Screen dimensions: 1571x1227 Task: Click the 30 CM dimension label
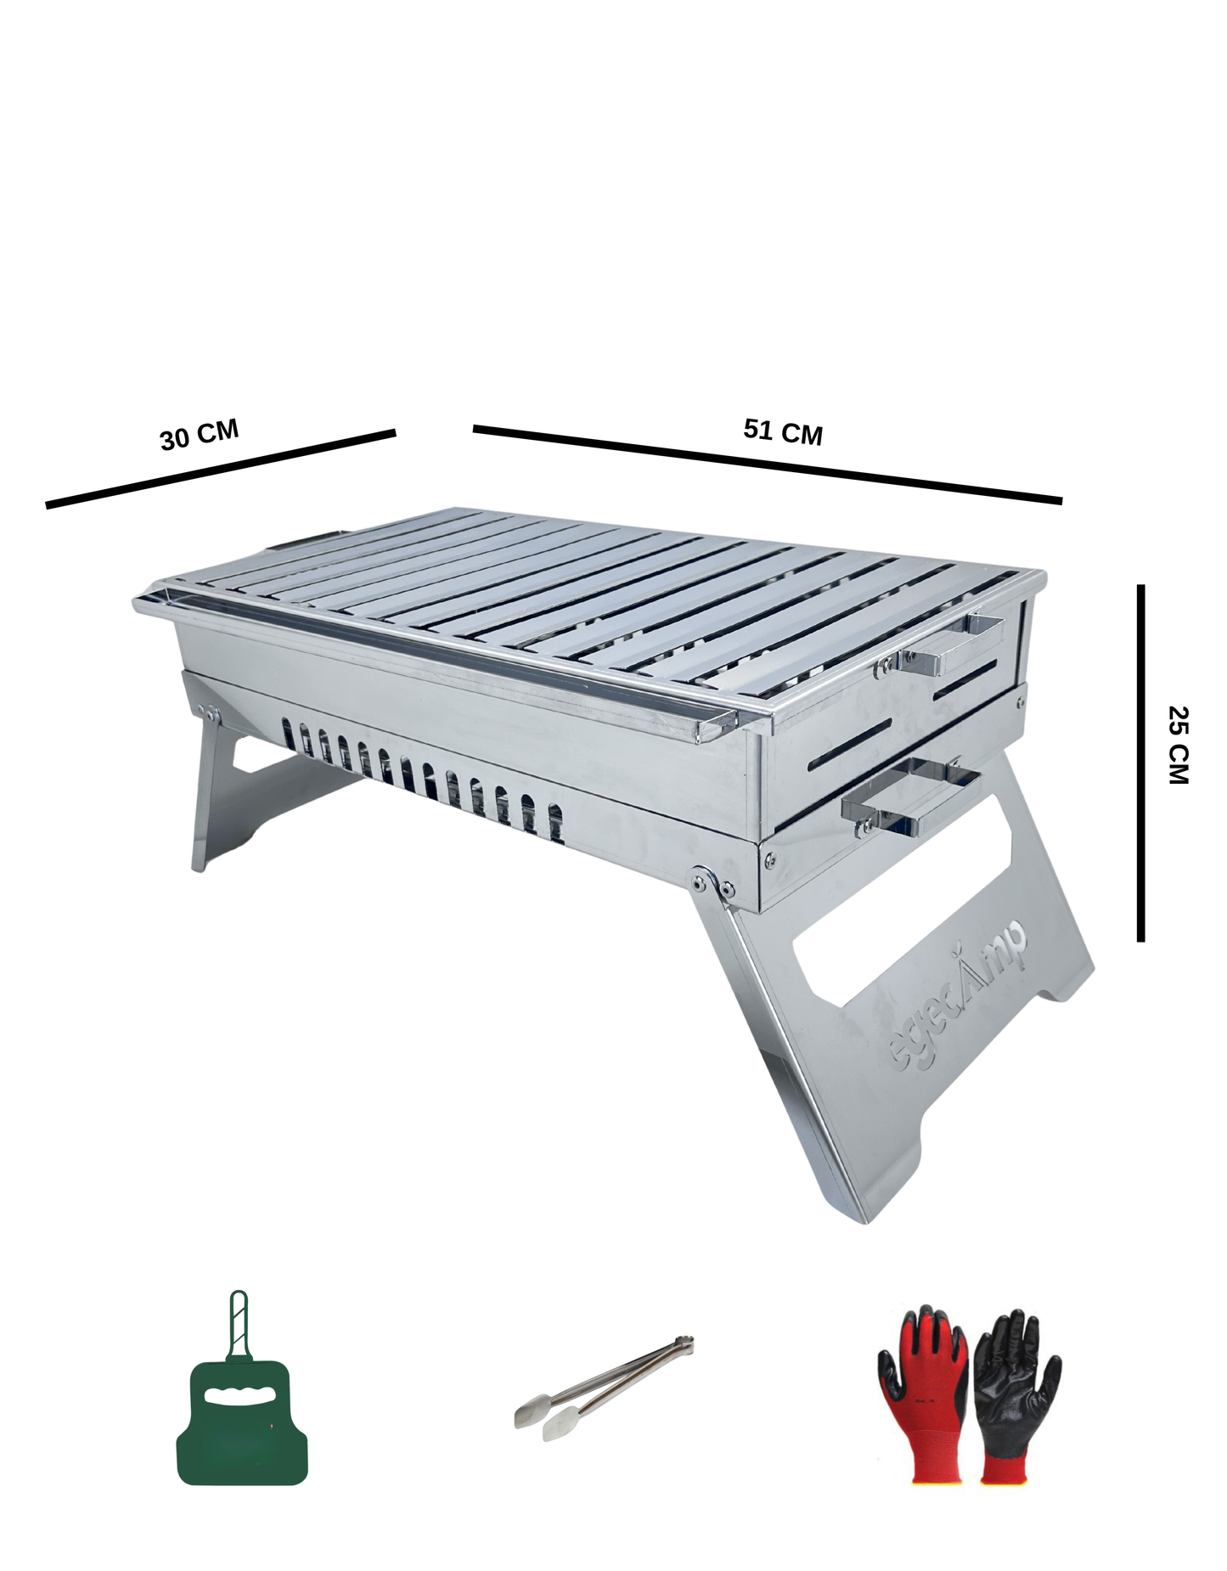(200, 435)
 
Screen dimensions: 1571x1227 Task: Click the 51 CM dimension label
(782, 431)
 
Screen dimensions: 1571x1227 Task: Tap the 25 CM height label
(1179, 745)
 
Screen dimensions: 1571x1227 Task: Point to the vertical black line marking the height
(1140, 763)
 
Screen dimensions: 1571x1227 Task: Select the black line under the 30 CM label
(221, 470)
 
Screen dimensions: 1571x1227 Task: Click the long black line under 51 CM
(767, 464)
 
